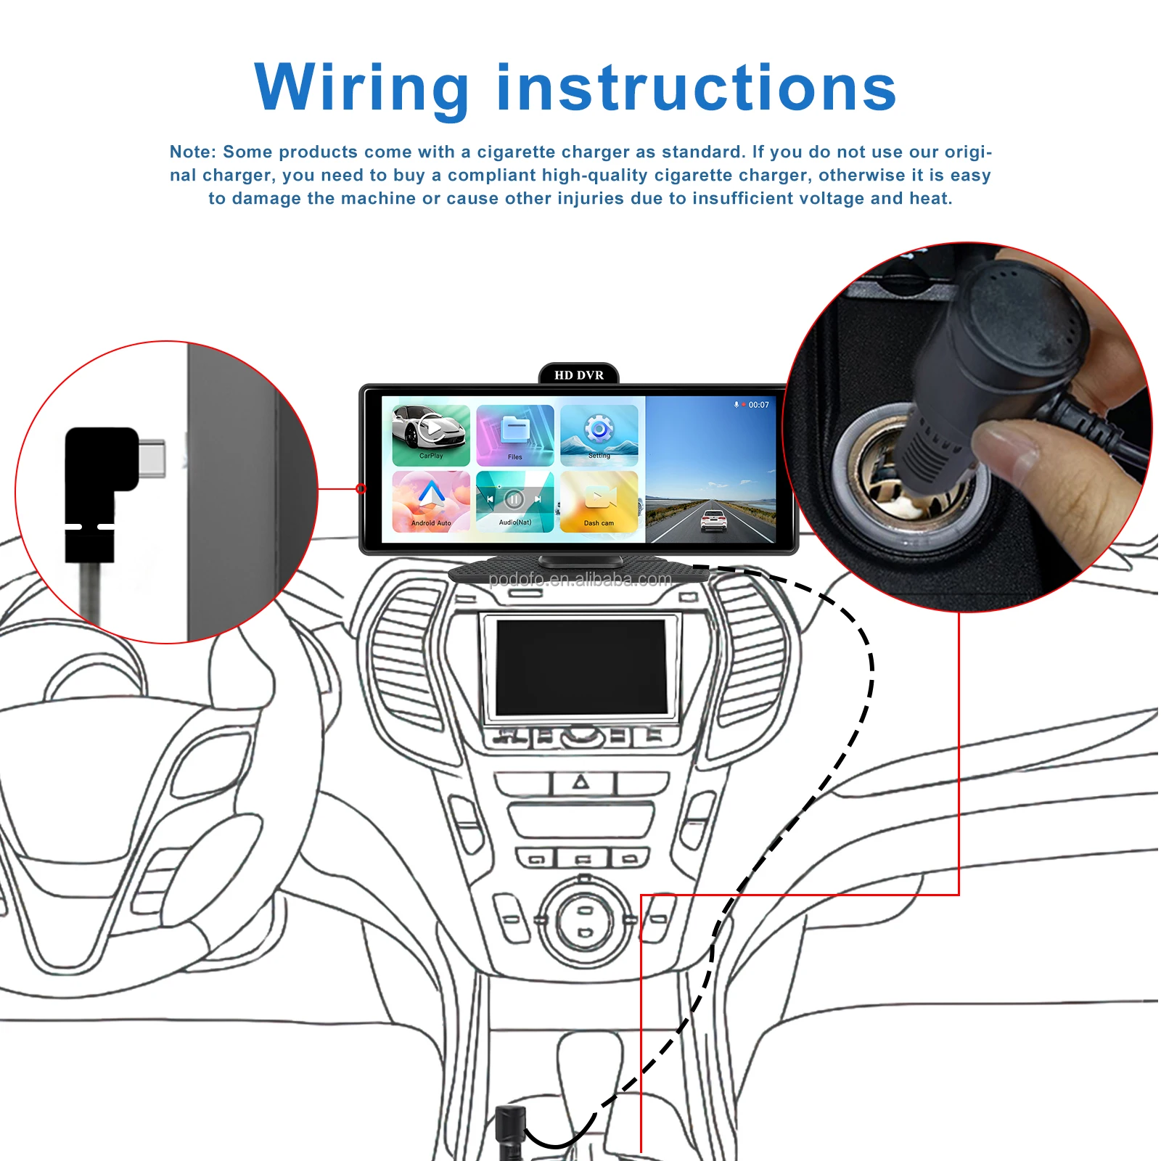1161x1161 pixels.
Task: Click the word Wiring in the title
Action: (x=361, y=89)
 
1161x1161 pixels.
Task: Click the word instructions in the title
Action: (x=697, y=89)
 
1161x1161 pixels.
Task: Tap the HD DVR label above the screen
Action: (x=578, y=375)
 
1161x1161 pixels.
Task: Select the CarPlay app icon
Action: (x=431, y=434)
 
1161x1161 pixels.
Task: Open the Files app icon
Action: (x=515, y=434)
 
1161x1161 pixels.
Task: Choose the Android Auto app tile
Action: (x=431, y=501)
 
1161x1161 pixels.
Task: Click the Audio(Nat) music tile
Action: (x=515, y=501)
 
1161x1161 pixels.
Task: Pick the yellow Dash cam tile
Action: (x=599, y=501)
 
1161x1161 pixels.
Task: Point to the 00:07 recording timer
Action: (x=758, y=405)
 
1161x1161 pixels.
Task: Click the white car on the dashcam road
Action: (x=714, y=520)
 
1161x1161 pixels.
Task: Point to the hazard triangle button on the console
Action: (x=580, y=782)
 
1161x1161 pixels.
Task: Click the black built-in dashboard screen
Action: (x=580, y=666)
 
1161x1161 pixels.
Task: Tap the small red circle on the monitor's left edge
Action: (x=361, y=488)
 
